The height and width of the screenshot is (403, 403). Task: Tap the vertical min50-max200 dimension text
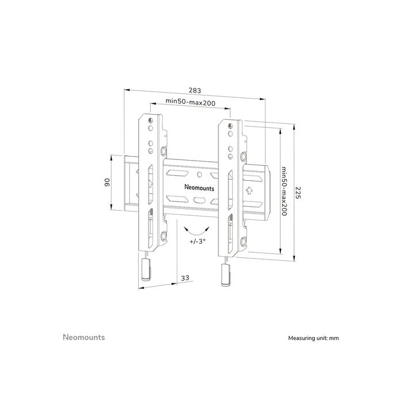click(x=284, y=191)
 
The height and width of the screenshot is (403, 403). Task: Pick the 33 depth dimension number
click(x=185, y=279)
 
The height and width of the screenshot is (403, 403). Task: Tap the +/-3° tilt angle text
click(x=197, y=241)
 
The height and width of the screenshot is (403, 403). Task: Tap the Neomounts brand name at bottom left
click(x=83, y=337)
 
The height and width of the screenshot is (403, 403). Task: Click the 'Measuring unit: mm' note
click(x=313, y=339)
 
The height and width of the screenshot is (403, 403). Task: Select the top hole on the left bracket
click(x=150, y=120)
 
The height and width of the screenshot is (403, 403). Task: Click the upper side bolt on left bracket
click(x=165, y=151)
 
